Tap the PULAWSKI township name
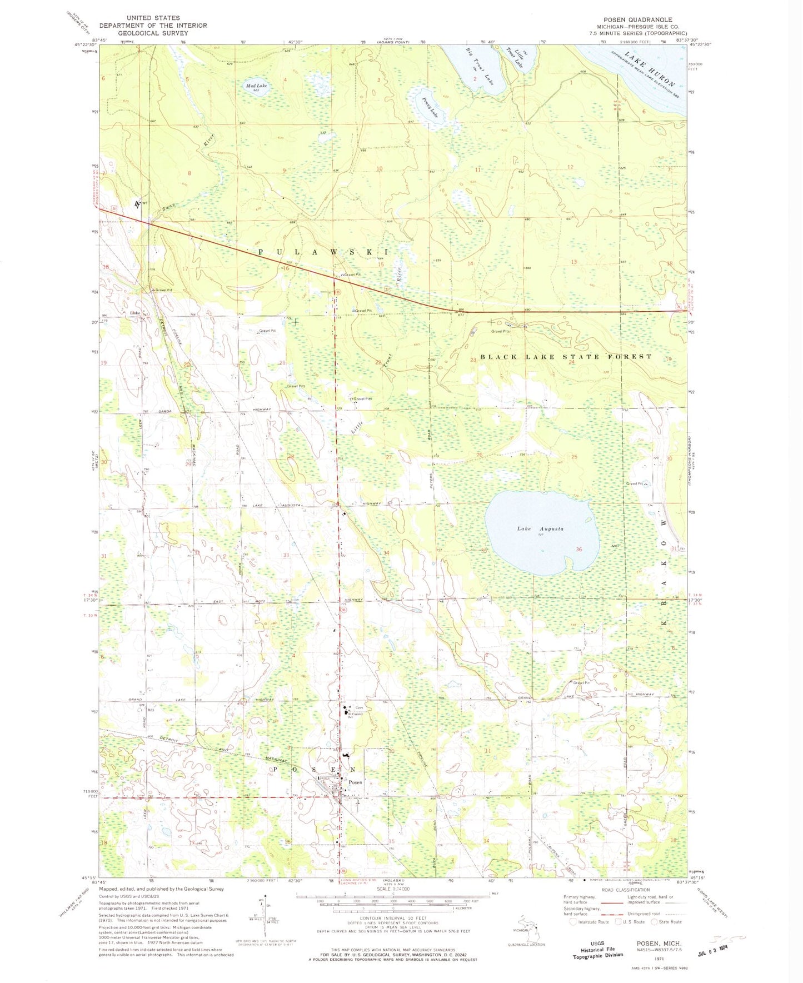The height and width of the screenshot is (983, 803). pyautogui.click(x=323, y=252)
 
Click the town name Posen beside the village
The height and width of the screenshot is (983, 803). pyautogui.click(x=355, y=782)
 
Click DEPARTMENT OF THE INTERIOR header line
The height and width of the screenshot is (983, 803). pyautogui.click(x=153, y=26)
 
